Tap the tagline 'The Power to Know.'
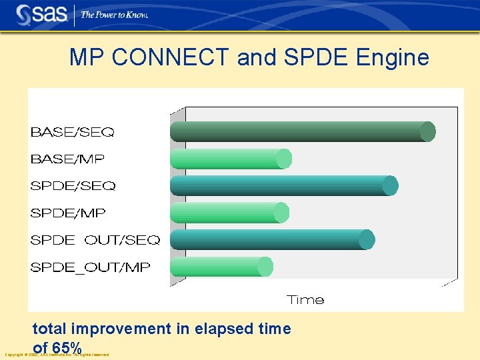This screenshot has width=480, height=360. pyautogui.click(x=114, y=14)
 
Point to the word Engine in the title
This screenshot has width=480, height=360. pyautogui.click(x=393, y=58)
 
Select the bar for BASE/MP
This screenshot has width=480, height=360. pyautogui.click(x=230, y=159)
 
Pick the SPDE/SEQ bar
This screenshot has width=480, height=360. pyautogui.click(x=283, y=185)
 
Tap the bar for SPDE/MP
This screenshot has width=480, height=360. pyautogui.click(x=229, y=213)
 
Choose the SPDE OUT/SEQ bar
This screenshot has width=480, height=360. pyautogui.click(x=271, y=239)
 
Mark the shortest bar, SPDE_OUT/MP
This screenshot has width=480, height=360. pyautogui.click(x=221, y=267)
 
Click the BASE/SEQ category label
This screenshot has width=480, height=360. pyautogui.click(x=72, y=132)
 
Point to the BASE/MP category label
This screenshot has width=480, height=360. pyautogui.click(x=67, y=159)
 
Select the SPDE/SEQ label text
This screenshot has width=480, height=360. pyautogui.click(x=73, y=186)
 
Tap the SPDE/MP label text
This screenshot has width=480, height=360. pyautogui.click(x=68, y=213)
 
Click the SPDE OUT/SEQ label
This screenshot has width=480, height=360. pyautogui.click(x=95, y=240)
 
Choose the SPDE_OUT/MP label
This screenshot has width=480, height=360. pyautogui.click(x=90, y=267)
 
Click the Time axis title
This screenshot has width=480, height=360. pyautogui.click(x=305, y=300)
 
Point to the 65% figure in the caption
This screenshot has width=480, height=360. pyautogui.click(x=67, y=347)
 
